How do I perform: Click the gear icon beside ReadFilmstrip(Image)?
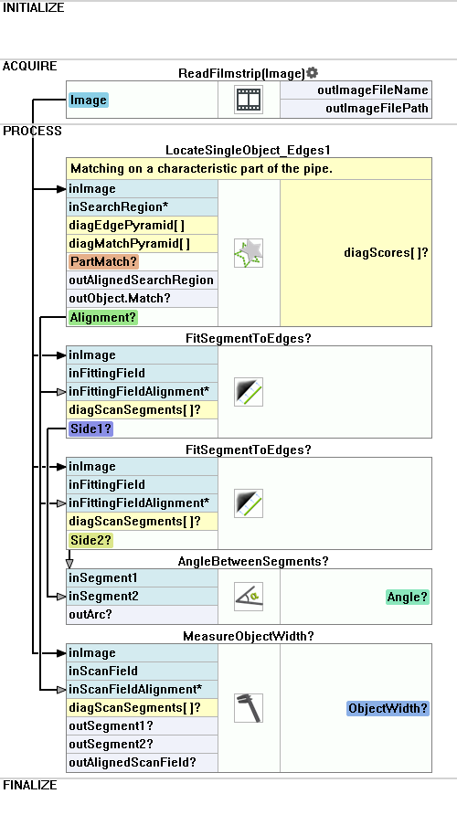[313, 72]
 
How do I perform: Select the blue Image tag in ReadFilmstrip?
[89, 101]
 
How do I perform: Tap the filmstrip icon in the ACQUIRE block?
[249, 100]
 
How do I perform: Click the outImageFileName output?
[373, 90]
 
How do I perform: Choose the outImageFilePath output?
[377, 108]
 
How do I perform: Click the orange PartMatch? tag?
[103, 262]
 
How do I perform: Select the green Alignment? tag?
[103, 318]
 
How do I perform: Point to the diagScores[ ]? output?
[386, 253]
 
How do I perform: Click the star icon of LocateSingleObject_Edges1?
[249, 253]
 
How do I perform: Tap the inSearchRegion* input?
[119, 206]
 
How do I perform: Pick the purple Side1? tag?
[91, 429]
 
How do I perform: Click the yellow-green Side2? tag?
[91, 540]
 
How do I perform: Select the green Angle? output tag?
[408, 598]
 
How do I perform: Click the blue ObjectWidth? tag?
[388, 709]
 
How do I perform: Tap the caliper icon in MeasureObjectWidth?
[249, 708]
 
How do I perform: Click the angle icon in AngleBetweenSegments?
[249, 597]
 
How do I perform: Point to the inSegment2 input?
[103, 596]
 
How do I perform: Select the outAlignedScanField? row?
[133, 763]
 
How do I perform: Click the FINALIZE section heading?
[30, 785]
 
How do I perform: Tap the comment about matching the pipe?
[202, 169]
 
